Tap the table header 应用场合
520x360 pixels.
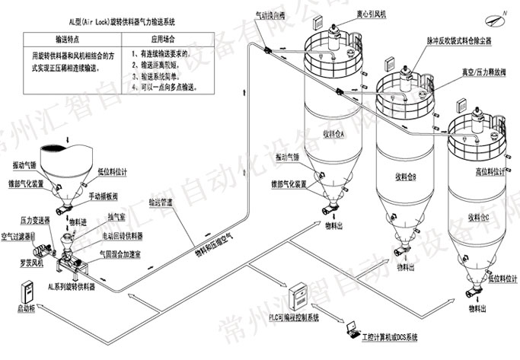pos(164,37)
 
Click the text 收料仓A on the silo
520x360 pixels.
pos(333,134)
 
